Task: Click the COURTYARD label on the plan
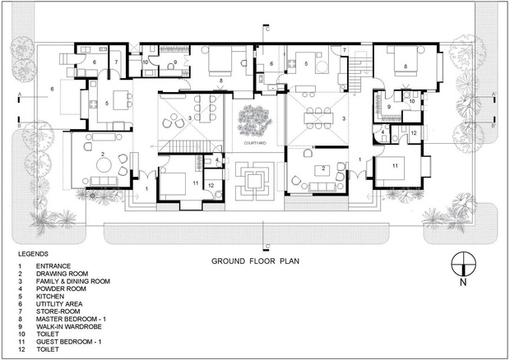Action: (255, 143)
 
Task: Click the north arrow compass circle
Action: (463, 264)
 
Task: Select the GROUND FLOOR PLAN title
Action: (255, 261)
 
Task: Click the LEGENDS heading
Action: (33, 254)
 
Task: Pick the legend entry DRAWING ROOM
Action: (63, 274)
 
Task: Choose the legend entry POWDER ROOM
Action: (61, 288)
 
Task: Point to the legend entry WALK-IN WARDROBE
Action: (69, 326)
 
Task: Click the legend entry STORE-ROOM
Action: (58, 312)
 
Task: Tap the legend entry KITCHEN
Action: (50, 297)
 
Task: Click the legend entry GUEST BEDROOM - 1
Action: (68, 341)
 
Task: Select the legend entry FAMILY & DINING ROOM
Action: (73, 281)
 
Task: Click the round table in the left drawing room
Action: (104, 164)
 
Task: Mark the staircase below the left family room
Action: (191, 146)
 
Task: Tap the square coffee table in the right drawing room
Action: (323, 170)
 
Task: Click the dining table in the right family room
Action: (318, 118)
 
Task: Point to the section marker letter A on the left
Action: (20, 95)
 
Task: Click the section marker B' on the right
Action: (494, 126)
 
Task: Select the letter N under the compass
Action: (463, 283)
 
